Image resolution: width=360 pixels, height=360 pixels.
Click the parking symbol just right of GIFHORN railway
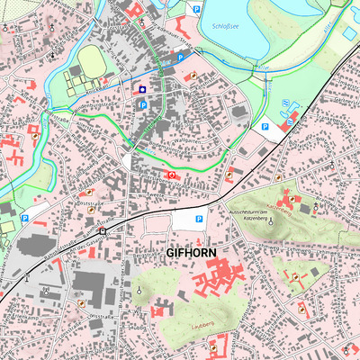point(199,219)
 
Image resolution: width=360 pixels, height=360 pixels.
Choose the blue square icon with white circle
point(142,90)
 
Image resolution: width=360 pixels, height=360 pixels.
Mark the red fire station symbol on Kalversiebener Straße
point(171,174)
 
